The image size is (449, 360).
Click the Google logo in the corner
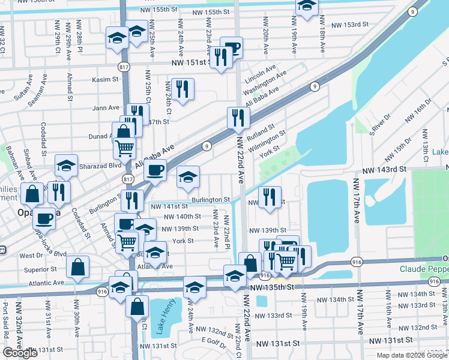pyautogui.click(x=21, y=353)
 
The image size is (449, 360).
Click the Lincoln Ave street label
pyautogui.click(x=260, y=70)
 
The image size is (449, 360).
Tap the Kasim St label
pyautogui.click(x=106, y=79)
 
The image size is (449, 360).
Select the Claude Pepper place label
pyautogui.click(x=424, y=269)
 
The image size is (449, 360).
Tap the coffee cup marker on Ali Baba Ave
pyautogui.click(x=155, y=170)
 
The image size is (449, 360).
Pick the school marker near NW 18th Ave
pyautogui.click(x=307, y=6)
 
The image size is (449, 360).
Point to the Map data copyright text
pyautogui.click(x=412, y=355)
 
